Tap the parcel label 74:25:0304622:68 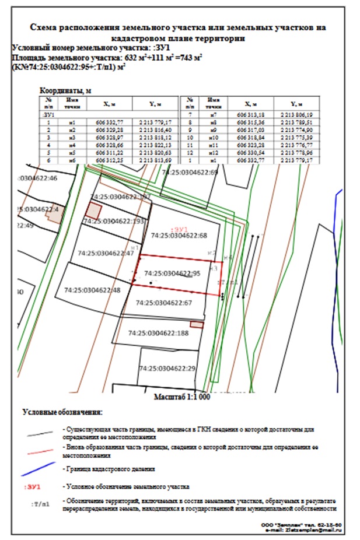(179, 236)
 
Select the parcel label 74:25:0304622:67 (163, 303)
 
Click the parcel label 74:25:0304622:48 (92, 289)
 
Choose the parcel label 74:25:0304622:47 (106, 253)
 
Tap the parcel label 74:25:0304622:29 (166, 369)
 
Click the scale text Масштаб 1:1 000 (181, 397)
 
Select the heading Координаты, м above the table (64, 91)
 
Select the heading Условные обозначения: (62, 413)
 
